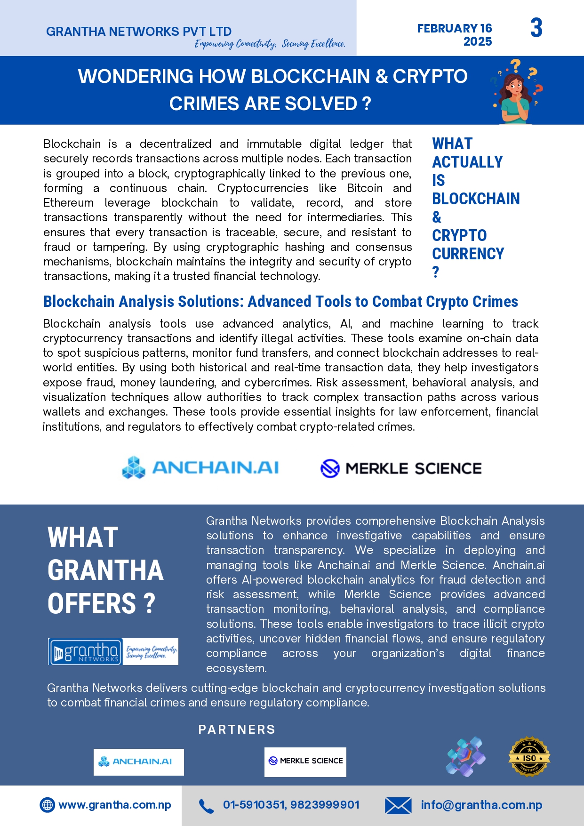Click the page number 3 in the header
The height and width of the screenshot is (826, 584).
click(x=536, y=28)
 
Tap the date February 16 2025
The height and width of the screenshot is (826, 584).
click(x=455, y=35)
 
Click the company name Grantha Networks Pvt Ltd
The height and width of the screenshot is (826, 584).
click(x=139, y=32)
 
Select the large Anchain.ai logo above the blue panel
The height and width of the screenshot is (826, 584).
click(x=200, y=467)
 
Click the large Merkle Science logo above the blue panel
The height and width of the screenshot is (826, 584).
click(x=401, y=468)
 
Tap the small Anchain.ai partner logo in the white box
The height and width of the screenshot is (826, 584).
click(x=138, y=762)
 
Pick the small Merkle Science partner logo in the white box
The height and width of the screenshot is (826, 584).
click(x=305, y=761)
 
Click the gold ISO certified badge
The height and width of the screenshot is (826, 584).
click(x=529, y=757)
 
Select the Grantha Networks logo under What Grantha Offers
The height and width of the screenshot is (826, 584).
click(x=113, y=651)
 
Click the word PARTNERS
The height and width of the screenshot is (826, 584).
click(x=237, y=730)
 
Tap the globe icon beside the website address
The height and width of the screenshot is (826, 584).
click(x=47, y=805)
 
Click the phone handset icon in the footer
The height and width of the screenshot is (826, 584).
click(x=206, y=806)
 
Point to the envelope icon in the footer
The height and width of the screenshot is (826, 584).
click(x=398, y=806)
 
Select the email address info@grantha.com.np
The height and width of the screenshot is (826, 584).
click(x=481, y=805)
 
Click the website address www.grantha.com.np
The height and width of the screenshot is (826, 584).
click(x=115, y=805)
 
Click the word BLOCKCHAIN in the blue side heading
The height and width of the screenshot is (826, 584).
click(x=476, y=199)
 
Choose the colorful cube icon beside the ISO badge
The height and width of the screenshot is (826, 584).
click(x=465, y=756)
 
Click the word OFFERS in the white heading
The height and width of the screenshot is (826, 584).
click(x=92, y=604)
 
